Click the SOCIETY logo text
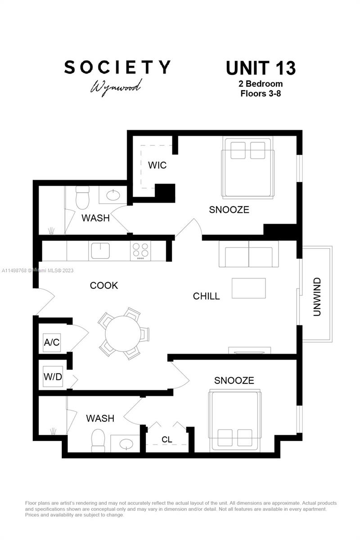tap(117, 67)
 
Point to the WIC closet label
tap(157, 165)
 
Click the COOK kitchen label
tap(104, 285)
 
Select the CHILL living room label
tap(206, 296)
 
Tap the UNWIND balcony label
tap(317, 297)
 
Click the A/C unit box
tap(52, 342)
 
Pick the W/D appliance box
tap(53, 377)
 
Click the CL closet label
tap(167, 439)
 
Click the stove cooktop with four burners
tap(141, 251)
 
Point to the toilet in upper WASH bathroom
tap(83, 198)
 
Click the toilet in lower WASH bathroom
tap(98, 441)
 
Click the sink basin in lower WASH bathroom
tap(125, 443)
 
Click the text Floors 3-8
tap(261, 94)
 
